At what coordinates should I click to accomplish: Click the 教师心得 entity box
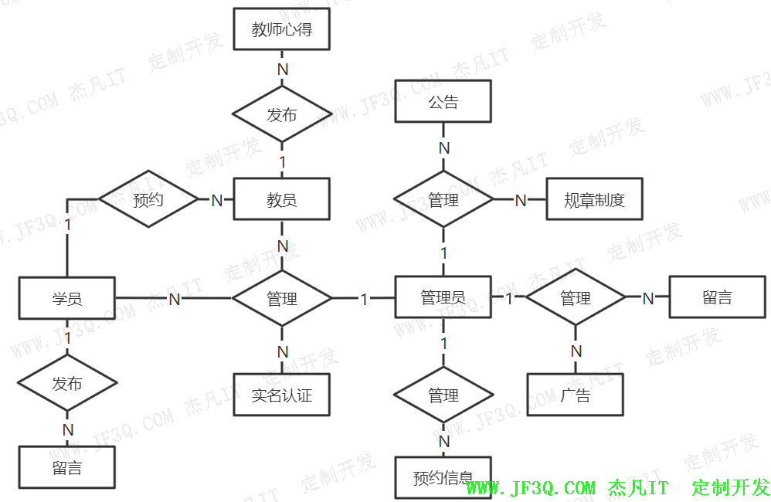pyautogui.click(x=281, y=30)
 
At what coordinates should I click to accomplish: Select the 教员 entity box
pyautogui.click(x=281, y=200)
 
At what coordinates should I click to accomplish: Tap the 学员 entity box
pyautogui.click(x=67, y=298)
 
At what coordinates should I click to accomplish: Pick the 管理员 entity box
pyautogui.click(x=443, y=297)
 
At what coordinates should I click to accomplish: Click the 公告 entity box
pyautogui.click(x=443, y=102)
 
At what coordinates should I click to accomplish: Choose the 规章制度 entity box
pyautogui.click(x=594, y=200)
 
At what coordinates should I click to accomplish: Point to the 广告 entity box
pyautogui.click(x=575, y=395)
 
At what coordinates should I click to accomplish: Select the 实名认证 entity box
pyautogui.click(x=281, y=395)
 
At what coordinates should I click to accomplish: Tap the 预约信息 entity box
pyautogui.click(x=443, y=478)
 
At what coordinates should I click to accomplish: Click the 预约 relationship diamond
pyautogui.click(x=148, y=200)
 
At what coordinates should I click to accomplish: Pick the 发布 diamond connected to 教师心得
pyautogui.click(x=281, y=115)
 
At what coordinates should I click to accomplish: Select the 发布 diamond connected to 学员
pyautogui.click(x=67, y=383)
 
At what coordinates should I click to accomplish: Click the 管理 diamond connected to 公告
pyautogui.click(x=443, y=200)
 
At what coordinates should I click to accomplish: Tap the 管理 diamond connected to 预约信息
pyautogui.click(x=443, y=395)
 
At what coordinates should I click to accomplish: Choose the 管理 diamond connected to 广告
pyautogui.click(x=575, y=297)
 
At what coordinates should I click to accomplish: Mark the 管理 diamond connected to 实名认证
pyautogui.click(x=281, y=297)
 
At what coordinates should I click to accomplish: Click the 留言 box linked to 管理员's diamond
pyautogui.click(x=717, y=297)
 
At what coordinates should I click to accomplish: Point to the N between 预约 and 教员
pyautogui.click(x=217, y=200)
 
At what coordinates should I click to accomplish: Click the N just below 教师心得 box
pyautogui.click(x=283, y=68)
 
